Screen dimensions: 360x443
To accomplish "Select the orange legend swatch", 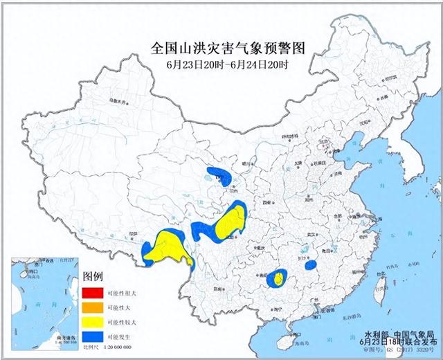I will pyautogui.click(x=91, y=305).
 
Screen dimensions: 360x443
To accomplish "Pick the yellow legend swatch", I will pyautogui.click(x=91, y=321).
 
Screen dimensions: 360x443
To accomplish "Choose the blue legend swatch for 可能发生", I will pyautogui.click(x=91, y=337).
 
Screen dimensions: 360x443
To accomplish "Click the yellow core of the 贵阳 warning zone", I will pyautogui.click(x=278, y=279).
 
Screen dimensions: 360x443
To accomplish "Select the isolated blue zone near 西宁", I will pyautogui.click(x=219, y=174).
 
